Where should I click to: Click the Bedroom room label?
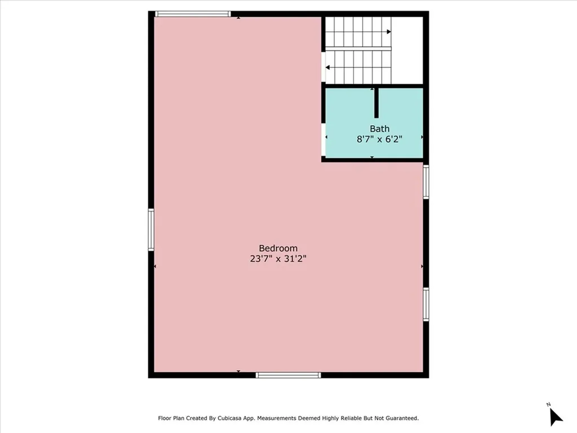[x=278, y=248]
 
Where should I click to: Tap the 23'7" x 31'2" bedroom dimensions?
[x=278, y=259]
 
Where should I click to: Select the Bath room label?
[x=379, y=129]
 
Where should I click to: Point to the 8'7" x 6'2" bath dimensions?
[x=379, y=139]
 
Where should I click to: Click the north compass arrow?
[x=556, y=417]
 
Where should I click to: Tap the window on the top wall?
[x=192, y=14]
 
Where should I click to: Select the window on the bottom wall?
[x=288, y=375]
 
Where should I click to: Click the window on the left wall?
[x=151, y=229]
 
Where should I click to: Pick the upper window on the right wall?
[x=426, y=182]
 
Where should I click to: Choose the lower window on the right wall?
[x=426, y=304]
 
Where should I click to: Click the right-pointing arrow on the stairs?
[x=388, y=32]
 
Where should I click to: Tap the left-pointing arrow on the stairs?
[x=328, y=68]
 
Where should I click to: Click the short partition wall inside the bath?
[x=376, y=103]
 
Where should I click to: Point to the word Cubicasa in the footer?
[x=241, y=418]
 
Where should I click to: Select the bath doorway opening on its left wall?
[x=323, y=139]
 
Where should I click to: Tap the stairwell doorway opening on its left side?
[x=323, y=68]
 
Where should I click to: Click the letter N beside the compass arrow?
[x=548, y=404]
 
